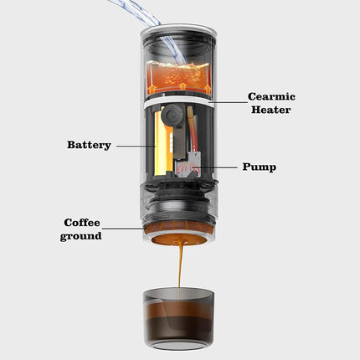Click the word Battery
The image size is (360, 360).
point(89,145)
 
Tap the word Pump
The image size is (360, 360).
point(258,167)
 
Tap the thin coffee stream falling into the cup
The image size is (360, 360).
point(179,268)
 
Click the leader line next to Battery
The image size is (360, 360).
point(134,145)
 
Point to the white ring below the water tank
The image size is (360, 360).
point(179,105)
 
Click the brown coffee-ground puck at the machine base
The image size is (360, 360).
point(179,237)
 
